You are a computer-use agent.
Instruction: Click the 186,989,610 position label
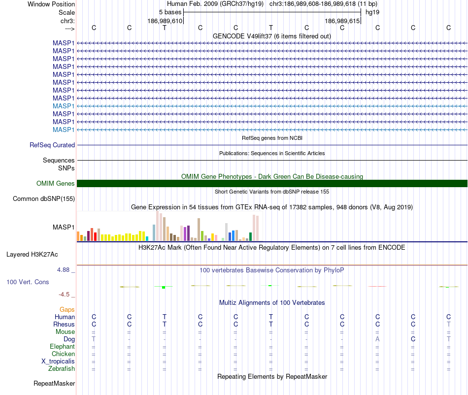coord(165,21)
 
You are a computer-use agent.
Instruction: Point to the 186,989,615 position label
coord(342,21)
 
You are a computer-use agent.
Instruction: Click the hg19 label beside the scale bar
coord(372,12)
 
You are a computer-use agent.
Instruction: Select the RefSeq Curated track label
coord(52,145)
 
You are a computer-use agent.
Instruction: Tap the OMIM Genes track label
coord(56,184)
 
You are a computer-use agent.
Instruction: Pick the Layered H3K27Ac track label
coord(32,255)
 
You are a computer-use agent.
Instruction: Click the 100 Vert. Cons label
coord(28,282)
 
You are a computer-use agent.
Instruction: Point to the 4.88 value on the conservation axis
coord(65,270)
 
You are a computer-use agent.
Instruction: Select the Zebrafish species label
coord(62,369)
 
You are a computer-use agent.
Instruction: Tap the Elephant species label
coord(63,347)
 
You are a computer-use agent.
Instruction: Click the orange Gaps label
coord(67,309)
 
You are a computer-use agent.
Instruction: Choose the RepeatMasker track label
coord(54,383)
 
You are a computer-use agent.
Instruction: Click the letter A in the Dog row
coord(377,339)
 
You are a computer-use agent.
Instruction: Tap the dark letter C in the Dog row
coord(413,339)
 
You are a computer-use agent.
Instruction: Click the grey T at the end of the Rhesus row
coord(449,325)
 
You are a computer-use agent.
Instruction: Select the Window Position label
coord(51,4)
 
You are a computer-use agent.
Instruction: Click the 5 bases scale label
coord(170,12)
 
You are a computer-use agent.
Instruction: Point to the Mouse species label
coord(65,332)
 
